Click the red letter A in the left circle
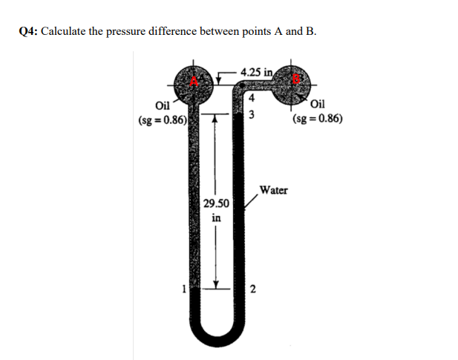pos(194,82)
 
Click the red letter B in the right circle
pos(296,78)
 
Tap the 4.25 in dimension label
pos(256,72)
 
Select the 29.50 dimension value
pos(216,203)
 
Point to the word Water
pos(274,190)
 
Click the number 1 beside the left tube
pos(183,289)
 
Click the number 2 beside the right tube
pos(253,289)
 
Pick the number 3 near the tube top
pos(252,114)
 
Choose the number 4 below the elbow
pos(252,98)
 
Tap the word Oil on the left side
pos(163,105)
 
